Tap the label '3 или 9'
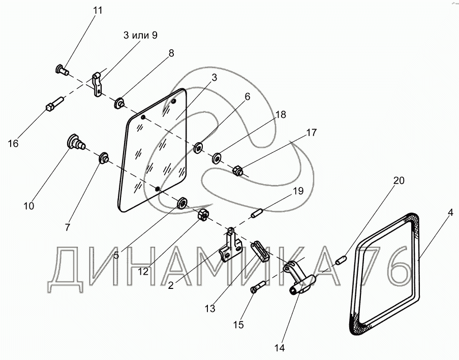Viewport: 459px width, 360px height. (140, 35)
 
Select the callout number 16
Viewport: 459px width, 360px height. (13, 144)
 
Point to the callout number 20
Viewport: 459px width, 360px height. (400, 181)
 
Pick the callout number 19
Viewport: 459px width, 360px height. (298, 191)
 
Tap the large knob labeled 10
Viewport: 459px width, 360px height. (75, 141)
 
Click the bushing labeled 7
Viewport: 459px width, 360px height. (103, 156)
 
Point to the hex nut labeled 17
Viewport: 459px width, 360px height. (237, 171)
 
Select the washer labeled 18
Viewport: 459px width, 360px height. (217, 158)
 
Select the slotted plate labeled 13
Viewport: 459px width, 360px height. (259, 250)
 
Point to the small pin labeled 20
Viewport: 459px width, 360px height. (341, 261)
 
